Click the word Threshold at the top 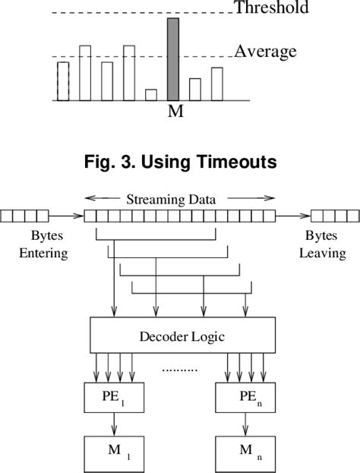coord(270,8)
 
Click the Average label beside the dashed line coord(264,52)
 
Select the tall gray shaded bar coord(173,59)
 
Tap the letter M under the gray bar coord(175,112)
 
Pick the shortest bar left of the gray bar coord(151,94)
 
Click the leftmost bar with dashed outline coord(63,80)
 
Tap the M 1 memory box coord(113,454)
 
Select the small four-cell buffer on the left coord(25,216)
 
